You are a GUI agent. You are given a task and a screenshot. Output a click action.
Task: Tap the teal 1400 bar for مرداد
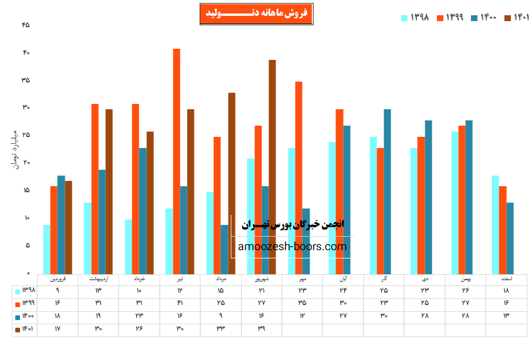[x=224, y=249]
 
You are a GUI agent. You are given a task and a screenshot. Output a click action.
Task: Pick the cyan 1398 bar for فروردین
[x=46, y=249]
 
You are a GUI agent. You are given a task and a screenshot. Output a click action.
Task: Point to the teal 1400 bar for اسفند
[x=510, y=238]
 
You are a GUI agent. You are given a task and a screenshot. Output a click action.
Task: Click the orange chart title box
[x=256, y=14]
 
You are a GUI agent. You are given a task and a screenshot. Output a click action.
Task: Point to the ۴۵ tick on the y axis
[x=25, y=25]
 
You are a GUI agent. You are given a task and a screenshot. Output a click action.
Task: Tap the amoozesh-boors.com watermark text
[x=292, y=247]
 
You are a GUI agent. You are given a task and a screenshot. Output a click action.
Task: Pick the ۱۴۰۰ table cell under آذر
[x=384, y=317]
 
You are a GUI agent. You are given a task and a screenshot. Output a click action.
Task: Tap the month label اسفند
[x=506, y=280]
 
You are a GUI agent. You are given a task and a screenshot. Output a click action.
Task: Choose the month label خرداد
[x=139, y=280]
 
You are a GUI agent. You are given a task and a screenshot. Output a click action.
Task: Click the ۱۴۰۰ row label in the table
[x=25, y=317]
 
